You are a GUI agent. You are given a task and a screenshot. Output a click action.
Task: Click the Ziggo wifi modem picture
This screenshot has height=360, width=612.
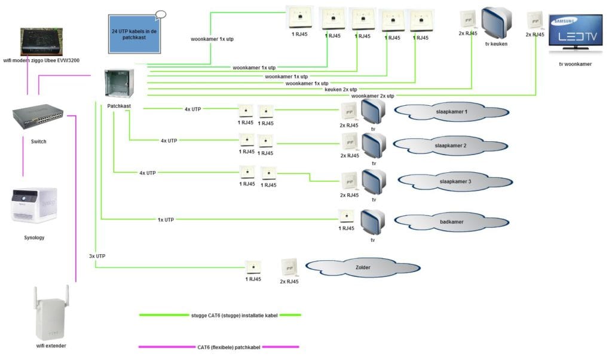coord(45,42)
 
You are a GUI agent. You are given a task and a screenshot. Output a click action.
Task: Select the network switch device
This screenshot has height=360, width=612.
coord(38,119)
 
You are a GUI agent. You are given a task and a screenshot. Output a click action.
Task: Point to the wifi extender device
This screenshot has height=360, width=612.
coord(51,313)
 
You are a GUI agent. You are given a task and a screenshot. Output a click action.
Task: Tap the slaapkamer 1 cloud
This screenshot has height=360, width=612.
coord(451,111)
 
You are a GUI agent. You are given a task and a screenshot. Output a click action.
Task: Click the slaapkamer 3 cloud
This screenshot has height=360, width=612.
coord(455,181)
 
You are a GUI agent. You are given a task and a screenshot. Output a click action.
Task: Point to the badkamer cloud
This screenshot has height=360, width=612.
coord(451,222)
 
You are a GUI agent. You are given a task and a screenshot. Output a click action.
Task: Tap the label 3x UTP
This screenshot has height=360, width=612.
coord(96,256)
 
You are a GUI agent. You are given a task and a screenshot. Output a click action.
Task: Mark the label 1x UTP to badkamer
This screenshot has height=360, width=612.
coord(166,219)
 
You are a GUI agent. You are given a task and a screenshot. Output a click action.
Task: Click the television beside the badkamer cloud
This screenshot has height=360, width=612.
coord(372,222)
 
